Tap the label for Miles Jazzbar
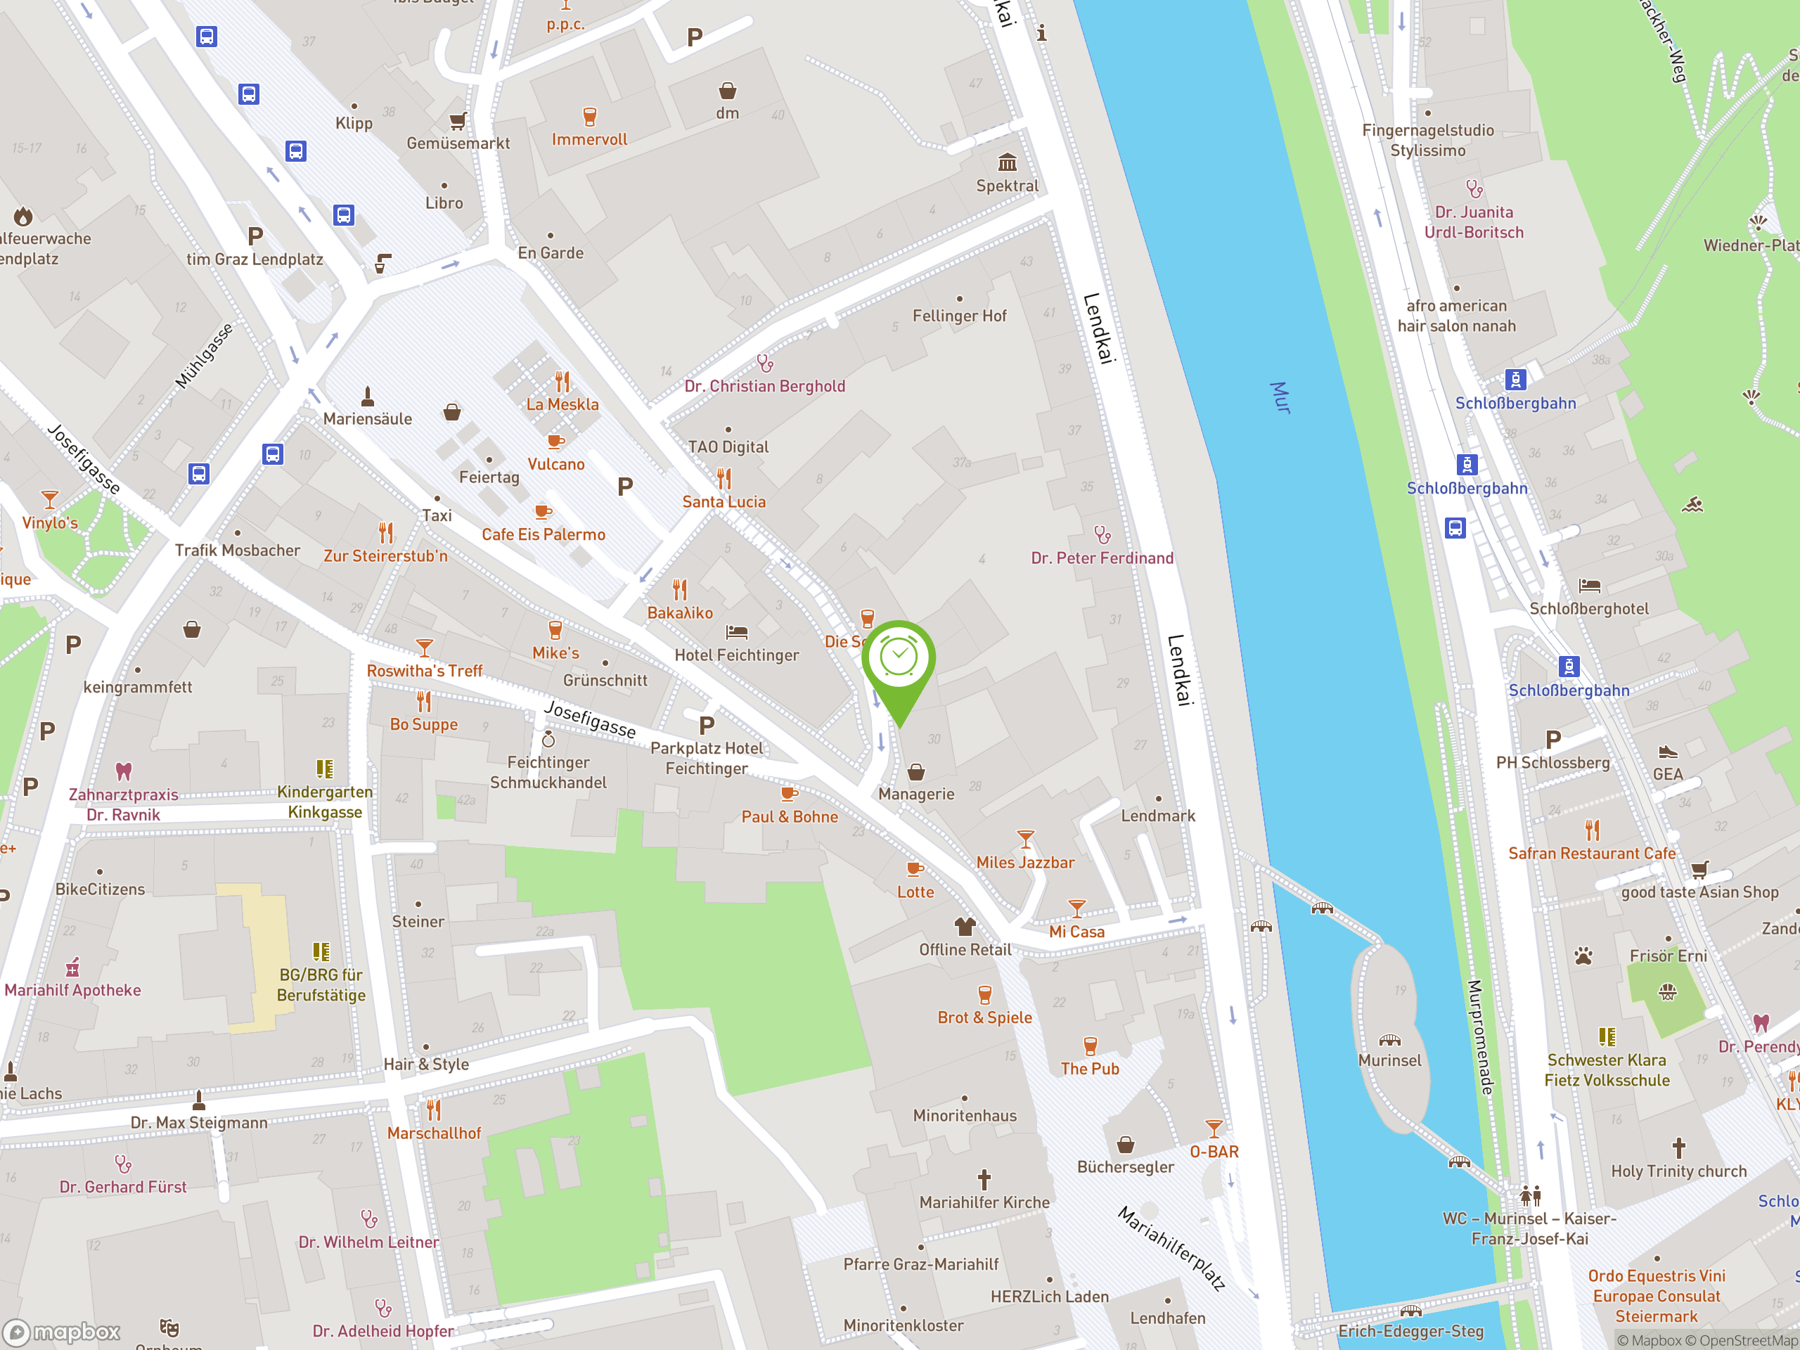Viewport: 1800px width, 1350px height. pyautogui.click(x=1024, y=863)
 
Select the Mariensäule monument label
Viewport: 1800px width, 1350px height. pyautogui.click(x=367, y=419)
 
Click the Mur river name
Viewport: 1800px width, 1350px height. pyautogui.click(x=1280, y=397)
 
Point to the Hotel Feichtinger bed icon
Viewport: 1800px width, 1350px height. pyautogui.click(x=736, y=631)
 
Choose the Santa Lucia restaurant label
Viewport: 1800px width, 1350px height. pyautogui.click(x=724, y=502)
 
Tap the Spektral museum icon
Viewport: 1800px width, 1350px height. pyautogui.click(x=1008, y=162)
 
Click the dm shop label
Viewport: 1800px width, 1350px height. pyautogui.click(x=728, y=113)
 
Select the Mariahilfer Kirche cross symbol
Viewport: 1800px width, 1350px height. pyautogui.click(x=984, y=1179)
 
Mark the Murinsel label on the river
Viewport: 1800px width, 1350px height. pyautogui.click(x=1389, y=1060)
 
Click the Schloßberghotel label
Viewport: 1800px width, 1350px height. pyautogui.click(x=1588, y=609)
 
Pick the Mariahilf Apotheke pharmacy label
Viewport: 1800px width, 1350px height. pyautogui.click(x=72, y=990)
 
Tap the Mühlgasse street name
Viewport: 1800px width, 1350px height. pyautogui.click(x=204, y=356)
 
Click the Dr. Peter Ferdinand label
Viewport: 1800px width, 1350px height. pyautogui.click(x=1102, y=558)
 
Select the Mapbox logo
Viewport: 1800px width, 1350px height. pyautogui.click(x=62, y=1332)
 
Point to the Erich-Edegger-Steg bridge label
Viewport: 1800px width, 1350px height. pyautogui.click(x=1410, y=1331)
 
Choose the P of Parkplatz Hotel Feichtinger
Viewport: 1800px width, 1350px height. pyautogui.click(x=707, y=725)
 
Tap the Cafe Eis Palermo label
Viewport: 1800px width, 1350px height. pyautogui.click(x=543, y=534)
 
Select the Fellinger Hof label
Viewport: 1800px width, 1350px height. pyautogui.click(x=958, y=316)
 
